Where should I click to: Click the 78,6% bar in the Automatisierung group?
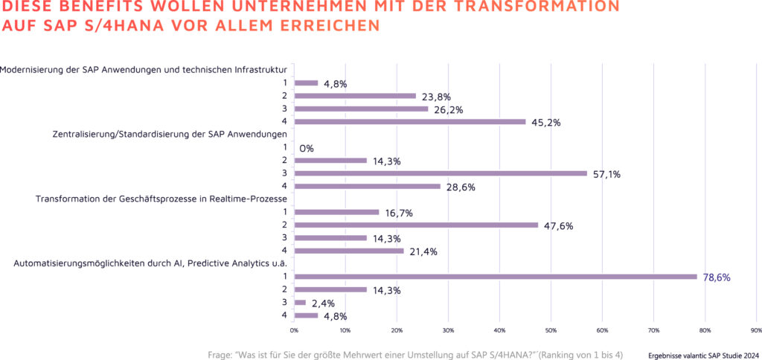(x=496, y=277)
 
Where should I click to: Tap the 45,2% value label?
(x=545, y=123)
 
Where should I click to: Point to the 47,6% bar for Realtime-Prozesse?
(x=416, y=225)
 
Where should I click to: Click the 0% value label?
(x=307, y=148)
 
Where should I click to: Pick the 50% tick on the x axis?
(x=551, y=330)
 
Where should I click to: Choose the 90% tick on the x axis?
(x=756, y=330)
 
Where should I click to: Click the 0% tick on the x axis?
(x=294, y=330)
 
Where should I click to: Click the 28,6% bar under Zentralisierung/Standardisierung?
(x=368, y=186)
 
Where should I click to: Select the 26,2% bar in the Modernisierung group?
(x=362, y=109)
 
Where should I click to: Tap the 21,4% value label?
(x=422, y=251)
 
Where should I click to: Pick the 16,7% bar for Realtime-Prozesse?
(x=337, y=212)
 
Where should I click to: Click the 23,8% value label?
(x=436, y=97)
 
